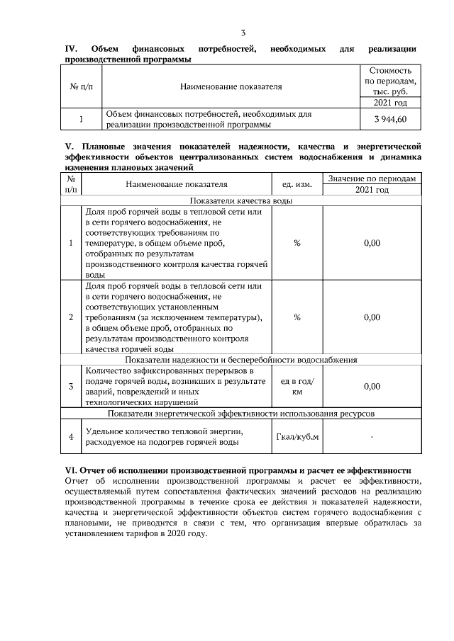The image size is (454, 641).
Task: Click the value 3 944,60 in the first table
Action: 390,119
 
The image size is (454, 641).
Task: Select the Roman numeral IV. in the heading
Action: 71,49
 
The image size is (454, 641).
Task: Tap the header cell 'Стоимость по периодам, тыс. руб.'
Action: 390,81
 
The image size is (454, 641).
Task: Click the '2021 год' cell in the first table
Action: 390,103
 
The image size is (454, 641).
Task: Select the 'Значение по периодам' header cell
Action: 372,178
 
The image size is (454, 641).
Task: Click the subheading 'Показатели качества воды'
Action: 240,200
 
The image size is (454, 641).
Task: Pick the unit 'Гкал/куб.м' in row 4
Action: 297,436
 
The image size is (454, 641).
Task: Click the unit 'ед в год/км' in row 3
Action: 297,386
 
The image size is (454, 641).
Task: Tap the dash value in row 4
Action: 372,436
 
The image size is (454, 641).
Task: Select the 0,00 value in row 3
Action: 372,387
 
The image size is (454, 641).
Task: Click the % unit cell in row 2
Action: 297,317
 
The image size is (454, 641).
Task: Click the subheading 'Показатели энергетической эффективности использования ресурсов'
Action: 240,412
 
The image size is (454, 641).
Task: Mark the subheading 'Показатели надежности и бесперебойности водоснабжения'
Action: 240,360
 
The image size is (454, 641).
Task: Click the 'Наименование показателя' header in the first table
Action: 231,87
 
